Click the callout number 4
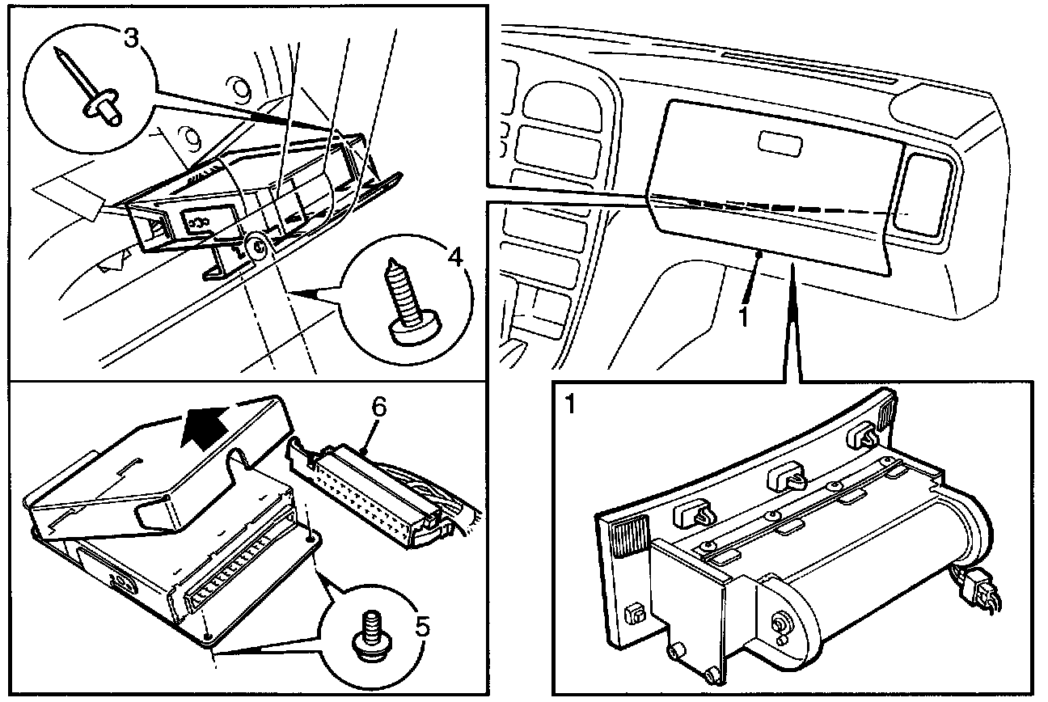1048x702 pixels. [x=456, y=258]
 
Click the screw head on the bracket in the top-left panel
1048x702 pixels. [x=256, y=247]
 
